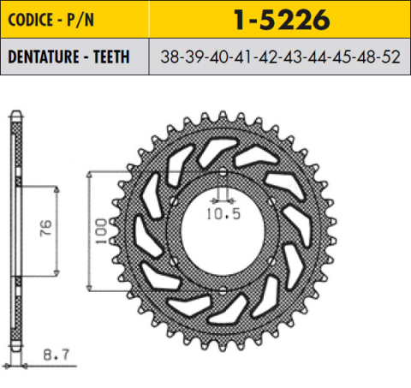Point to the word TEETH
[110, 57]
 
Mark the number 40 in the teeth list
[218, 57]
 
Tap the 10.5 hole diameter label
[221, 207]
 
